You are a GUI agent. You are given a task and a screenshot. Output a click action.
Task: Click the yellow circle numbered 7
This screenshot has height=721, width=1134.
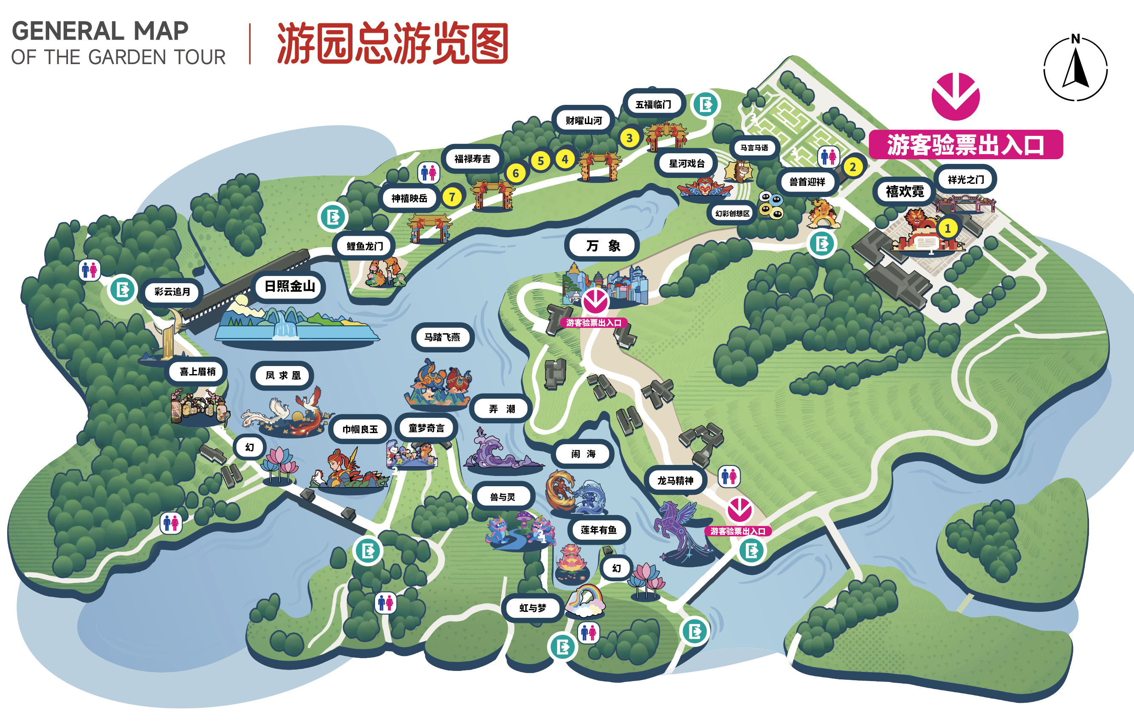click(x=452, y=197)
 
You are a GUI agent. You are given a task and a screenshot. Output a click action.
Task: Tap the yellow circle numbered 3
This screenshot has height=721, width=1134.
click(x=629, y=138)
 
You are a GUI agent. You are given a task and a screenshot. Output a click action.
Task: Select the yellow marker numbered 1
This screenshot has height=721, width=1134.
click(x=948, y=228)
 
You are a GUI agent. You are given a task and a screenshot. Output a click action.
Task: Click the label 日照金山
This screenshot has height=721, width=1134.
click(x=290, y=286)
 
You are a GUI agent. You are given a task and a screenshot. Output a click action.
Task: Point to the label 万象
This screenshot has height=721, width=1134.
click(x=603, y=245)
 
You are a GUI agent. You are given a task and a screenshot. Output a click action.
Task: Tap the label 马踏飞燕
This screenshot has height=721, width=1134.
click(x=442, y=337)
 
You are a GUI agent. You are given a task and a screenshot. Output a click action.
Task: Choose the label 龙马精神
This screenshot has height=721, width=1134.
click(x=675, y=480)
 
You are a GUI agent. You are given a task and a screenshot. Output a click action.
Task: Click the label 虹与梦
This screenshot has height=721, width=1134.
click(x=533, y=608)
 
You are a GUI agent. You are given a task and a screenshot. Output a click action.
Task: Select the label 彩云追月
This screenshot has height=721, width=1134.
click(x=172, y=292)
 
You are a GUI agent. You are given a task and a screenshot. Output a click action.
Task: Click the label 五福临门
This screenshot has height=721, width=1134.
click(x=653, y=104)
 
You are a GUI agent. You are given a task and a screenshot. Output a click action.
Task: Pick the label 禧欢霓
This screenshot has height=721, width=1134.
click(x=905, y=191)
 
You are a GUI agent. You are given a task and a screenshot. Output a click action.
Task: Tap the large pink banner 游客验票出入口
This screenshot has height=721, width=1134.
click(x=965, y=144)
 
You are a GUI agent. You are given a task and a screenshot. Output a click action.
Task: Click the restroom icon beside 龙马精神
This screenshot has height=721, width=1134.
click(x=728, y=476)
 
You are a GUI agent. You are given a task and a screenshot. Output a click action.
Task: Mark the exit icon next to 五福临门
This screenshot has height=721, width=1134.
click(x=705, y=104)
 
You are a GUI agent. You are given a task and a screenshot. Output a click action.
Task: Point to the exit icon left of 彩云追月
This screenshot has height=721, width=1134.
click(x=122, y=289)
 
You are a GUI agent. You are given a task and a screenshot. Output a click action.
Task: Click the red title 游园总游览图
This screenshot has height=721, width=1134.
click(x=392, y=43)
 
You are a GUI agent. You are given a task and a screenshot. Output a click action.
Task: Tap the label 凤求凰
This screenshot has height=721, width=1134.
click(x=282, y=375)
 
